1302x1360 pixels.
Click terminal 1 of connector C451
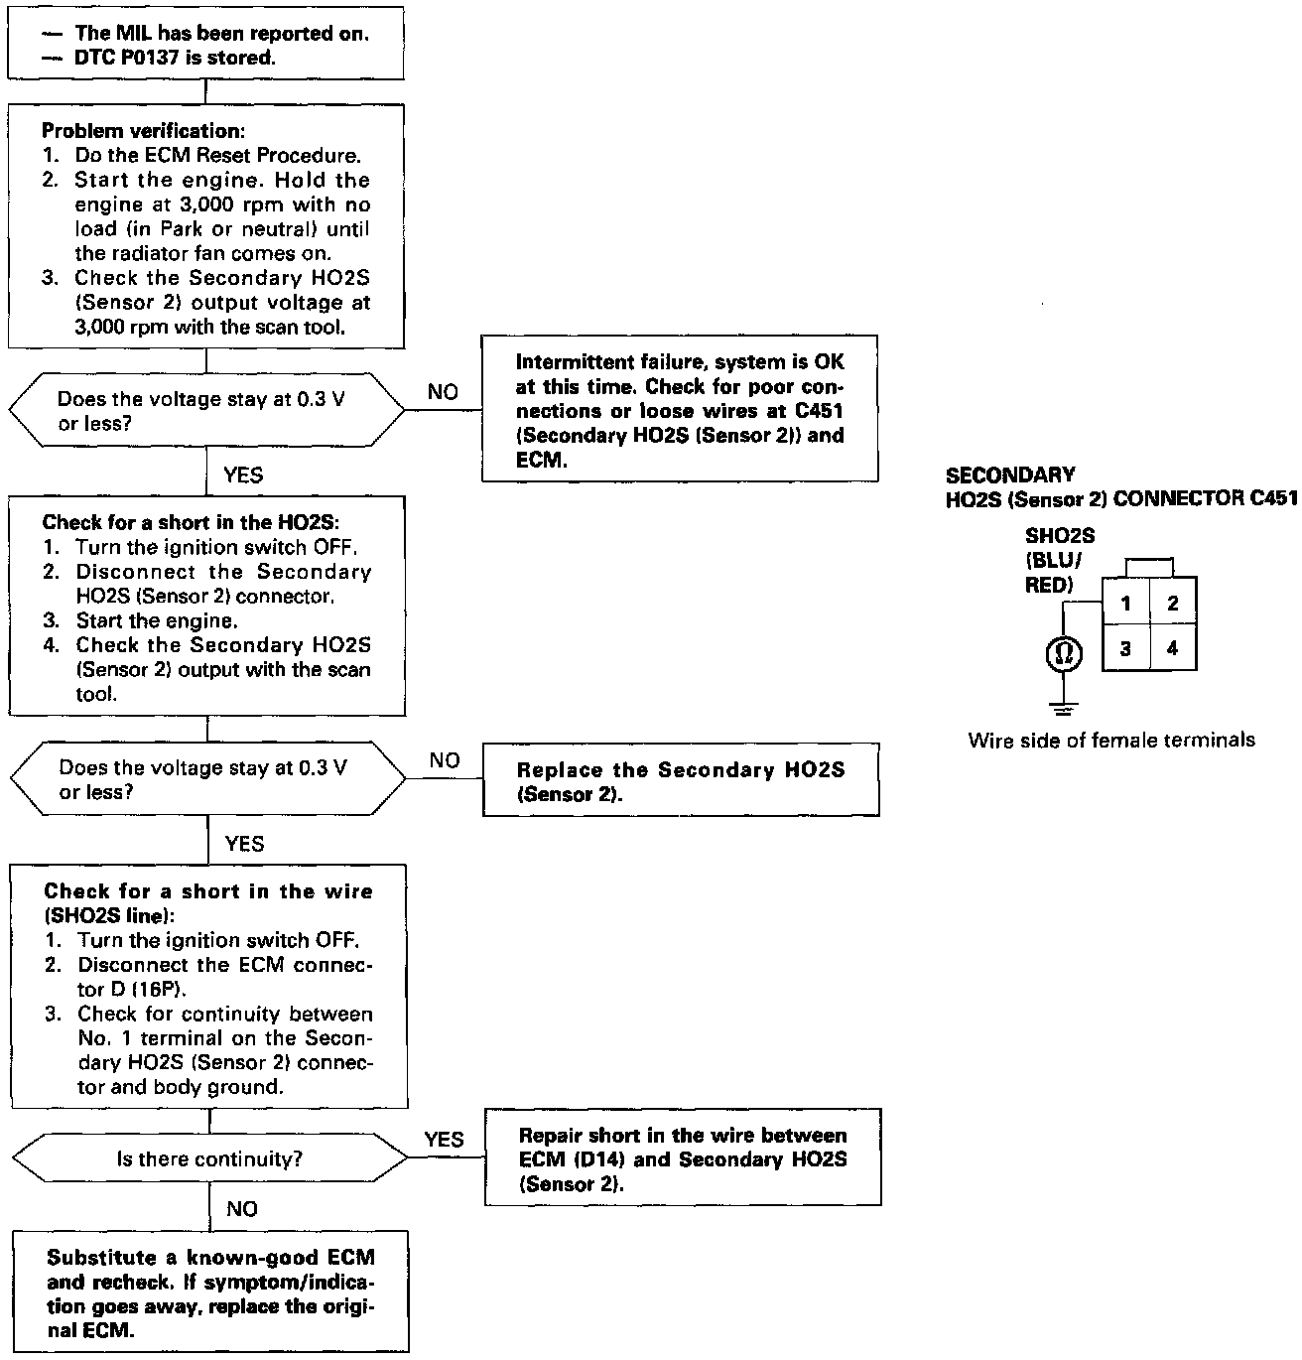[1125, 603]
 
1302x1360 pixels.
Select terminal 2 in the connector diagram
[1173, 603]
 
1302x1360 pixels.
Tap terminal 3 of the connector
[1125, 649]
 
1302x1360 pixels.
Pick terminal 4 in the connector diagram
[1173, 649]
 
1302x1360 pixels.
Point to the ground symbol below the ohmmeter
[1063, 709]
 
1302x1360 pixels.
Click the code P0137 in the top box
[160, 58]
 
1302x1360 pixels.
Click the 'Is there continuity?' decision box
[208, 1158]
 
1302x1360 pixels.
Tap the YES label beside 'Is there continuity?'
[444, 1139]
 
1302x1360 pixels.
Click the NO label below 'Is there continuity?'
[242, 1208]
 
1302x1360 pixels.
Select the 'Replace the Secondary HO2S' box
[681, 781]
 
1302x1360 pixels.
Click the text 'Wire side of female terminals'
[1110, 740]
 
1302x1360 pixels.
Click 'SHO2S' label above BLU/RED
[1060, 536]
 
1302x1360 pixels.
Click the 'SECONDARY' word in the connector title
[1010, 476]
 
